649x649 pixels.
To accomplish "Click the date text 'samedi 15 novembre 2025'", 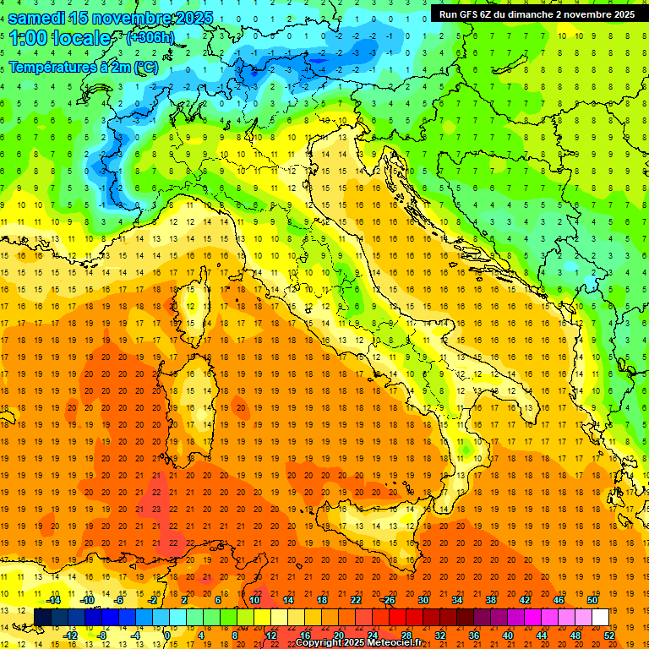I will coord(110,18).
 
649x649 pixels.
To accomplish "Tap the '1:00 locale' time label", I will coord(59,38).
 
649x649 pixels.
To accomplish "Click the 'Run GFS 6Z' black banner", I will coord(537,14).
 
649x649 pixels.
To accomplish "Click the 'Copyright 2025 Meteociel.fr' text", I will coord(358,642).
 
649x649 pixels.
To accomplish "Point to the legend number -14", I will coord(52,600).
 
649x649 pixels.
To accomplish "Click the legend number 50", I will coord(592,600).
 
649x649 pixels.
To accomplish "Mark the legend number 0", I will coord(166,635).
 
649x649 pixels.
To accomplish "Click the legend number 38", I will coord(491,600).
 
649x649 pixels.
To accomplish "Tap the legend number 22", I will coord(356,600).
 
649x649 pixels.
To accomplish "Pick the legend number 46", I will coord(559,600).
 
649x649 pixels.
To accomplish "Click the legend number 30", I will coord(423,600).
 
